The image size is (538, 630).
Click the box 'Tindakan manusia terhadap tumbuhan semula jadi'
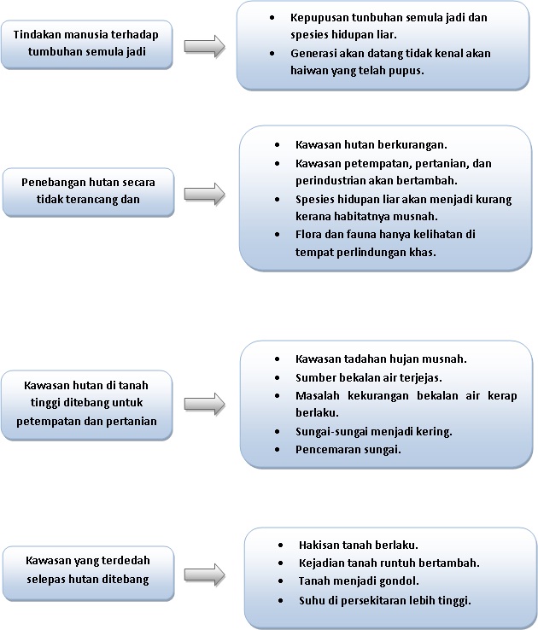click(x=87, y=44)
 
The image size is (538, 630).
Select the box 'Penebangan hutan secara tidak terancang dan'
click(x=88, y=191)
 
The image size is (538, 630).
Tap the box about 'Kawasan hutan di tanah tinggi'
click(x=87, y=404)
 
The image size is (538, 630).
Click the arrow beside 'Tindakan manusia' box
click(x=205, y=46)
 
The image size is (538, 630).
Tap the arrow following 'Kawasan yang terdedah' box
click(x=205, y=573)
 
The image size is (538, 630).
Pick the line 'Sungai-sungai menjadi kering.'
click(x=373, y=430)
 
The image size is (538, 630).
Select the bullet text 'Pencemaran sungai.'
click(x=348, y=448)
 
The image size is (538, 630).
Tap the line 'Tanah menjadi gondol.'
click(x=359, y=581)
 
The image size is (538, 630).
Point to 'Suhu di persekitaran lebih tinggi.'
click(x=385, y=600)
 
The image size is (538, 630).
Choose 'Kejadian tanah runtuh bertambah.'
click(x=389, y=563)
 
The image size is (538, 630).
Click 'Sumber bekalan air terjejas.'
click(x=368, y=376)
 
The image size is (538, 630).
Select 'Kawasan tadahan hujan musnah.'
click(x=381, y=359)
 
